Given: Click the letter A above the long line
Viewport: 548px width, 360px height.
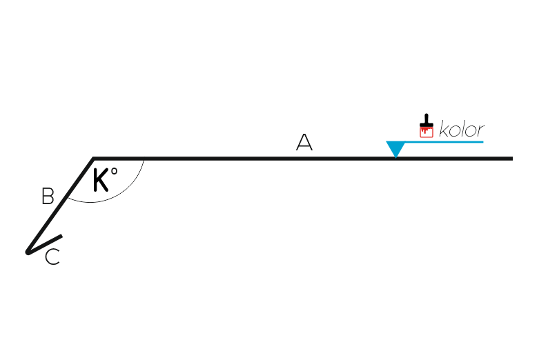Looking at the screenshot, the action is pyautogui.click(x=304, y=142).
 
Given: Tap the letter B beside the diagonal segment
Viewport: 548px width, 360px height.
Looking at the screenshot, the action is pyautogui.click(x=48, y=197).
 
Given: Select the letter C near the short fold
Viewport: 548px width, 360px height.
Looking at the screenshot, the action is pyautogui.click(x=52, y=257).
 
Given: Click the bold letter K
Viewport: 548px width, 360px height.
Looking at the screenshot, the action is pyautogui.click(x=101, y=180).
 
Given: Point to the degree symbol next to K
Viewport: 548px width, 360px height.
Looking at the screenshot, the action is pyautogui.click(x=114, y=172).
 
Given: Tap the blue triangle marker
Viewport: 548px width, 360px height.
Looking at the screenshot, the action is pyautogui.click(x=395, y=149).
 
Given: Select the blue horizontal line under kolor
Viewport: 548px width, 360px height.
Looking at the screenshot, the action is pyautogui.click(x=444, y=142).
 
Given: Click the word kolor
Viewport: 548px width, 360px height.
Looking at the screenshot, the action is pyautogui.click(x=462, y=129).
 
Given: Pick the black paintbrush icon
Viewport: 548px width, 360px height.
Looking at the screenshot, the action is pyautogui.click(x=427, y=121).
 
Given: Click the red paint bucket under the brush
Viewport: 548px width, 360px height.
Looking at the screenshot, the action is pyautogui.click(x=427, y=132).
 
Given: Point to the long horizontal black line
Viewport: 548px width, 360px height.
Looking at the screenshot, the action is pyautogui.click(x=303, y=159).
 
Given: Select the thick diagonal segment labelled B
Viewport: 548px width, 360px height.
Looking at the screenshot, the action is pyautogui.click(x=60, y=205).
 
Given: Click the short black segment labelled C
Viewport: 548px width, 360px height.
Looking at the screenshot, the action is pyautogui.click(x=45, y=244).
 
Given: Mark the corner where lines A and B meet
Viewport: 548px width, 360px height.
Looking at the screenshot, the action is pyautogui.click(x=93, y=159).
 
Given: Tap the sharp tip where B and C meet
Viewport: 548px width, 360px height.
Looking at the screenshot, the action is pyautogui.click(x=27, y=252).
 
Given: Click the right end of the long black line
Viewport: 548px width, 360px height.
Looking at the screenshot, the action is pyautogui.click(x=512, y=159).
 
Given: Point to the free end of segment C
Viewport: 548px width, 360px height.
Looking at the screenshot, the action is pyautogui.click(x=61, y=236).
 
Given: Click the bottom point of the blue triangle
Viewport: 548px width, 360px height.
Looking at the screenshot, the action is pyautogui.click(x=395, y=158).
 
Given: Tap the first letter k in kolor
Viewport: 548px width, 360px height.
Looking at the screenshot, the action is pyautogui.click(x=444, y=129).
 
